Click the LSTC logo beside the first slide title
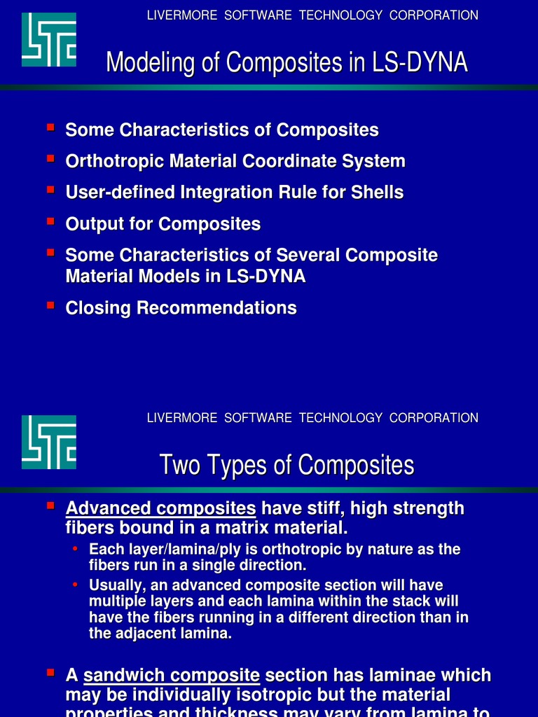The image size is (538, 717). tap(48, 40)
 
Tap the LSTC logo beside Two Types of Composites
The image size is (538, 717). tap(48, 442)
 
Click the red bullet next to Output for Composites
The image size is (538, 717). tap(50, 221)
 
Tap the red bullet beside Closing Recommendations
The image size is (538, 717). tap(50, 305)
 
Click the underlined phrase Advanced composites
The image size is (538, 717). tap(160, 508)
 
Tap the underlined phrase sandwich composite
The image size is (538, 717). tap(172, 676)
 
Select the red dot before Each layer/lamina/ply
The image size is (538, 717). tap(75, 549)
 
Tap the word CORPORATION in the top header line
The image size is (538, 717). tap(434, 15)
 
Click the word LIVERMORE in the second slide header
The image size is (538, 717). tap(182, 418)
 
